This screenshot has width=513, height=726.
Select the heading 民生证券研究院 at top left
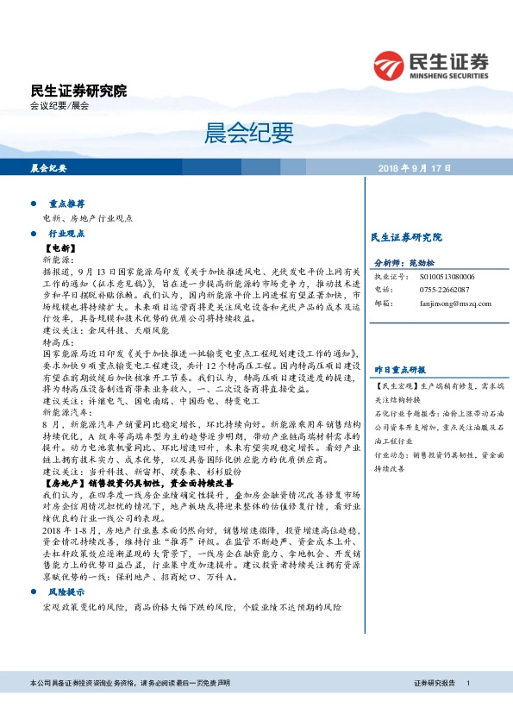coord(78,91)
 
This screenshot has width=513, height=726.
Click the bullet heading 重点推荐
coord(66,206)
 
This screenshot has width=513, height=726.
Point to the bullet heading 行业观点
coord(66,234)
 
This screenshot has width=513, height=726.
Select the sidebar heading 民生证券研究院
coord(405,236)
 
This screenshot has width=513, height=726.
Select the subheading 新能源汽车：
coord(65,413)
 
